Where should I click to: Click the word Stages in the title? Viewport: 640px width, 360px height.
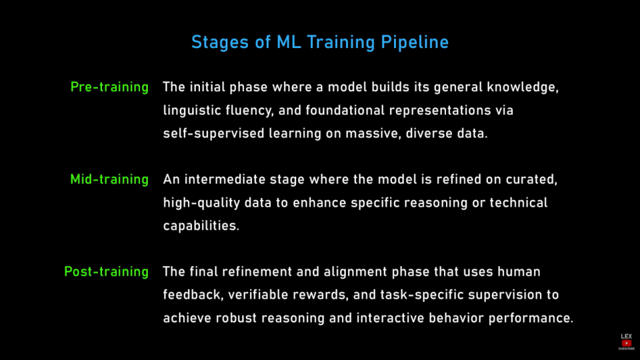(x=220, y=43)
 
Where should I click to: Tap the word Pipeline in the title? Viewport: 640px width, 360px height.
(x=415, y=43)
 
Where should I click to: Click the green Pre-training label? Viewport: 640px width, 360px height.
(x=109, y=87)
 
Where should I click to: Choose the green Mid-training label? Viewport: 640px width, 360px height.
(x=109, y=179)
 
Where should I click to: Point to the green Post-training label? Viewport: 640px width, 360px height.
(x=107, y=272)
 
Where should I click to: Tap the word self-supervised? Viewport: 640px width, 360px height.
(x=213, y=134)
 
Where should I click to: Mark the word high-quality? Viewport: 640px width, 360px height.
(x=201, y=203)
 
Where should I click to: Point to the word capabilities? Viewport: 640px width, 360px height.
(x=201, y=226)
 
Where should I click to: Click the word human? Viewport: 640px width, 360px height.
(x=519, y=272)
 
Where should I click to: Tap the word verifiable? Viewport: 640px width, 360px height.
(x=258, y=295)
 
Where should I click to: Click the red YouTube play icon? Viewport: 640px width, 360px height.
(x=627, y=343)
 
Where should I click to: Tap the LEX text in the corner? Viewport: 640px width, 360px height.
(x=627, y=336)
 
